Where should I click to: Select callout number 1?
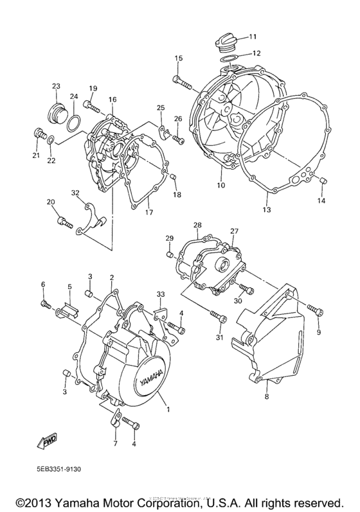pyautogui.click(x=168, y=409)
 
